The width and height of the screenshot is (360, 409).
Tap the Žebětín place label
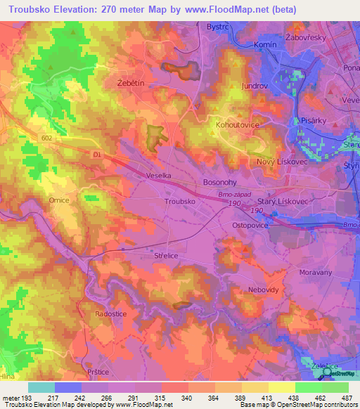tap(130, 82)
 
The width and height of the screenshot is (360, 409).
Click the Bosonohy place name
tap(221, 181)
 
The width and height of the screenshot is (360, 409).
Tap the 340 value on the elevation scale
tap(188, 398)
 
